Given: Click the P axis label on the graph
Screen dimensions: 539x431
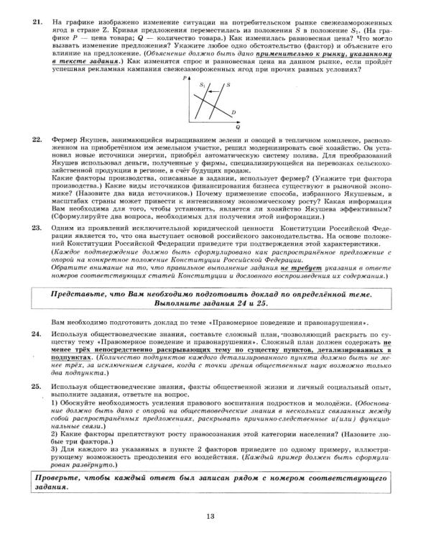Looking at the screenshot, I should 185,76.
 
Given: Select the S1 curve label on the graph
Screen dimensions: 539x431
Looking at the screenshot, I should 203,84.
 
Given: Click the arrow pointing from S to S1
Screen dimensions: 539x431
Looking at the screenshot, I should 214,85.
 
